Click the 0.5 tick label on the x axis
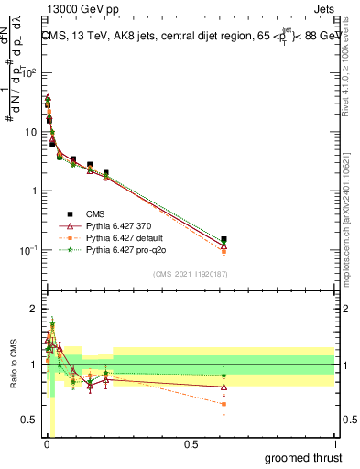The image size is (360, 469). coord(190,445)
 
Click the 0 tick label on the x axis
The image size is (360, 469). coord(46,445)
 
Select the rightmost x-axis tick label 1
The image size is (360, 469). coord(333,445)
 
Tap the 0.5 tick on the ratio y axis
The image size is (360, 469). coord(30,420)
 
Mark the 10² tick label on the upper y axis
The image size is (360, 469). coord(30,72)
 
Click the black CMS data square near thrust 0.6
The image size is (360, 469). coord(224,240)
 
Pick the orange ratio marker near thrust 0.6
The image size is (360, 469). coord(224,404)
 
